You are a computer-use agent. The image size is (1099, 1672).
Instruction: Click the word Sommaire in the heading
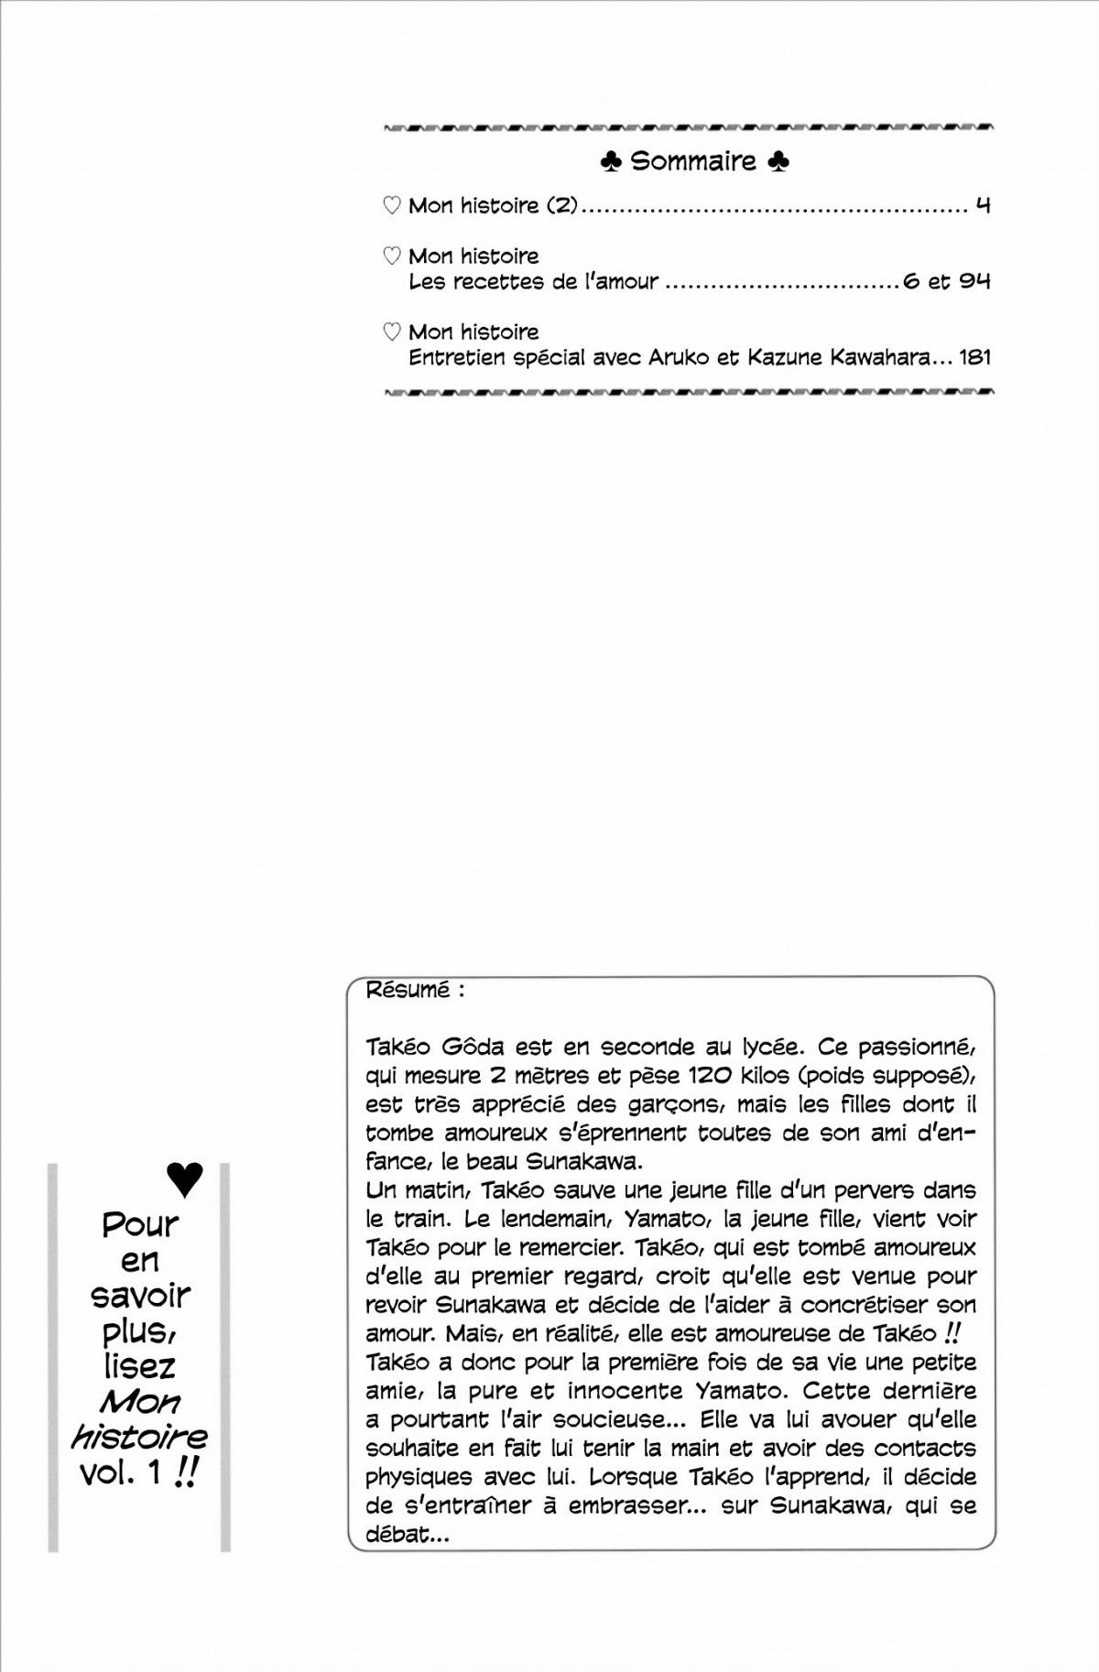pyautogui.click(x=693, y=162)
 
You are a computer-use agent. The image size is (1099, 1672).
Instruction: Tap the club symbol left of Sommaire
pyautogui.click(x=611, y=162)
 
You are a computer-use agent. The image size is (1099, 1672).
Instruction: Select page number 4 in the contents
pyautogui.click(x=983, y=205)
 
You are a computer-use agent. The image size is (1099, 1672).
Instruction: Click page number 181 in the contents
pyautogui.click(x=974, y=357)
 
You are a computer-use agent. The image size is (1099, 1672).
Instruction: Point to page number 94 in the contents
pyautogui.click(x=975, y=281)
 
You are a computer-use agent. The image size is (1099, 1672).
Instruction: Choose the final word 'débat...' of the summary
pyautogui.click(x=408, y=1534)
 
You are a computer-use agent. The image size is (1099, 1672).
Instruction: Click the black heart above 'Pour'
pyautogui.click(x=186, y=1181)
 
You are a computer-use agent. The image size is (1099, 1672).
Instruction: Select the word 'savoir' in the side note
pyautogui.click(x=141, y=1297)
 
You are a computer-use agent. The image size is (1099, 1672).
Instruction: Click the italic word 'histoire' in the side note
pyautogui.click(x=139, y=1438)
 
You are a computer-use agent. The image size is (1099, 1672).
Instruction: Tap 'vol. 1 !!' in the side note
pyautogui.click(x=139, y=1474)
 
